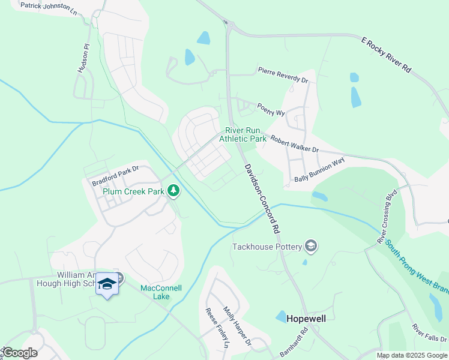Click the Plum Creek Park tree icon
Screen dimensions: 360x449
tap(173, 191)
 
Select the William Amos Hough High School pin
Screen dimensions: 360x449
tap(107, 284)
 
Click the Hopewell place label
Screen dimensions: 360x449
tap(306, 319)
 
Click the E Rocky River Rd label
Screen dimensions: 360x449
tap(386, 55)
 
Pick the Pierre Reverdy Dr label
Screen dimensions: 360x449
tap(283, 75)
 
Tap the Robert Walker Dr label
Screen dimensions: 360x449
tap(294, 143)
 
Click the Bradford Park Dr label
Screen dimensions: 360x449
tap(115, 175)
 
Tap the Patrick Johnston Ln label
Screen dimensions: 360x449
tap(49, 8)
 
